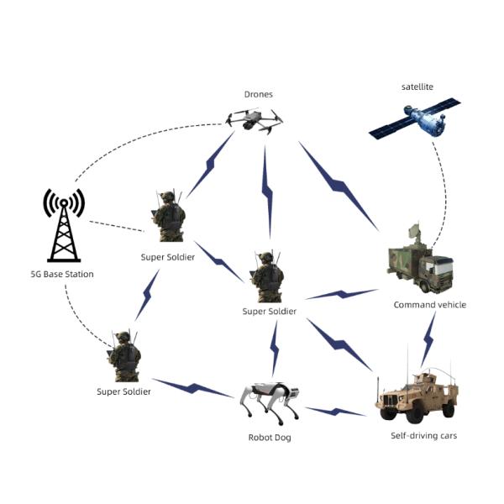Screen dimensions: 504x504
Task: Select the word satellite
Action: [417, 87]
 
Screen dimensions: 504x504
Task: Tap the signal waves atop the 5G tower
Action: [64, 202]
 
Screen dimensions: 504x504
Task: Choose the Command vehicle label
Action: [429, 304]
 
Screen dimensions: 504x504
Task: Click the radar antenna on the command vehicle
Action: [412, 234]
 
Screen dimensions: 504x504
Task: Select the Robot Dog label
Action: [270, 437]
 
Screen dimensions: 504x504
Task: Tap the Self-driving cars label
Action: [423, 435]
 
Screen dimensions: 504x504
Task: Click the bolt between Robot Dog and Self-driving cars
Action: [335, 411]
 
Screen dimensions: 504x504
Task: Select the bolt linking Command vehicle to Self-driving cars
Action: [428, 337]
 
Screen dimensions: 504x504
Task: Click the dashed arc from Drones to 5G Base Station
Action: [143, 136]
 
